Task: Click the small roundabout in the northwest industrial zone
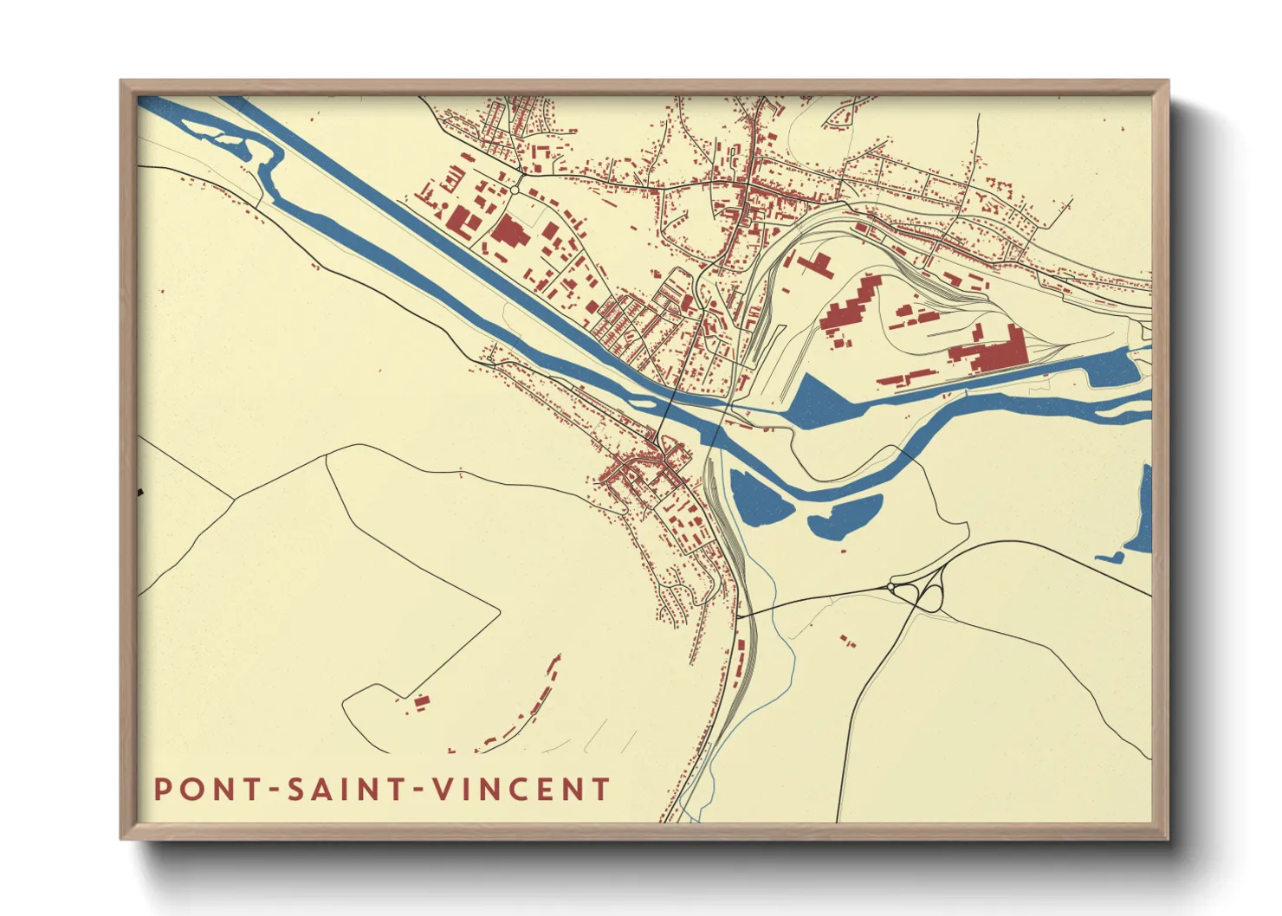pyautogui.click(x=515, y=189)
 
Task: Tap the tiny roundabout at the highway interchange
pyautogui.click(x=890, y=588)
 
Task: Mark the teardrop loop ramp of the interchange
pyautogui.click(x=932, y=596)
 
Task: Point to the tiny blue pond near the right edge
pyautogui.click(x=1110, y=557)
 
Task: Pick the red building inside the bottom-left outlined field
pyautogui.click(x=420, y=702)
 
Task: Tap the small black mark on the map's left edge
pyautogui.click(x=140, y=493)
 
